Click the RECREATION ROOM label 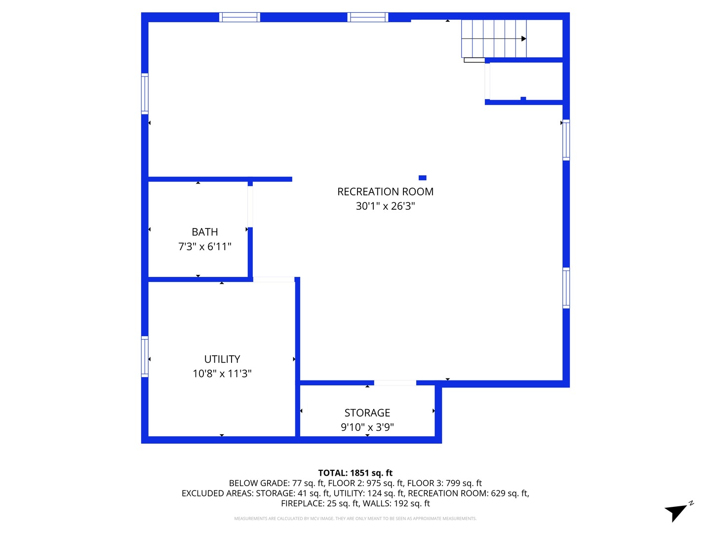pos(385,191)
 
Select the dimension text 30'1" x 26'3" pos(385,206)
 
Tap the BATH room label pos(204,232)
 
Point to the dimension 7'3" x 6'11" pos(204,246)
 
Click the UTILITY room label pos(222,359)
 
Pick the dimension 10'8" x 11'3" pos(222,374)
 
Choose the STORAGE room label pos(367,413)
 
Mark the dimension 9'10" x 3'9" pos(367,427)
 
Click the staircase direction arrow pos(523,38)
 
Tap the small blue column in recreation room pos(422,178)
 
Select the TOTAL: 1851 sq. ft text pos(355,473)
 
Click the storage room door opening pos(395,383)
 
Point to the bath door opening pos(250,206)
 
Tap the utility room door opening pos(274,280)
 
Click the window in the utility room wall pos(145,356)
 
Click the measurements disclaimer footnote pos(355,519)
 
